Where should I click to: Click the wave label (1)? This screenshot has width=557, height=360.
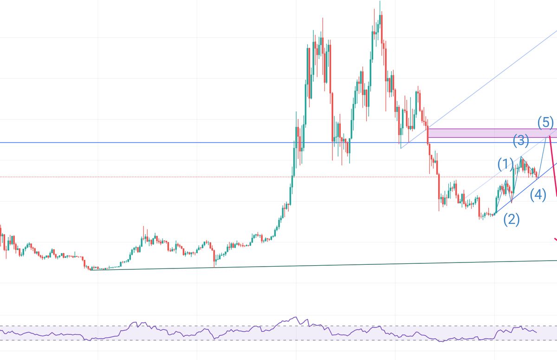click(505, 164)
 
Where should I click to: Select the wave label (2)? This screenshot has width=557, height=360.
click(512, 219)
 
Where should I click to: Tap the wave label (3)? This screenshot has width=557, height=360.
click(521, 140)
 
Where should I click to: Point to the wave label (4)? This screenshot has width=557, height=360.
click(538, 195)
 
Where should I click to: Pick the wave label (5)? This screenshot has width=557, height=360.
click(546, 123)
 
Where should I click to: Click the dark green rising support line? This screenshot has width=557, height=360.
click(325, 265)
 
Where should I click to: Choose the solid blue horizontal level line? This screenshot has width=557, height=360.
click(139, 142)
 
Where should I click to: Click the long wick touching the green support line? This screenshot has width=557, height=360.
click(214, 265)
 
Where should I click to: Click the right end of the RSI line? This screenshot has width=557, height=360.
click(537, 332)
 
